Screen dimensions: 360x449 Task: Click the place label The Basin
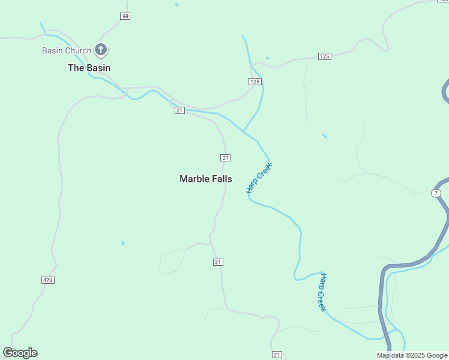(x=89, y=68)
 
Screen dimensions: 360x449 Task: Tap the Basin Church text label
(x=67, y=50)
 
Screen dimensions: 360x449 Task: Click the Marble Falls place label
(x=206, y=179)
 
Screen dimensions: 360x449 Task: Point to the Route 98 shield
(x=125, y=16)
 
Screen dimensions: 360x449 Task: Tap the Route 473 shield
(x=48, y=280)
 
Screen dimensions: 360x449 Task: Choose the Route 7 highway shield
(x=436, y=193)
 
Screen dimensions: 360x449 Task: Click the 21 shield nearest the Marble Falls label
(x=225, y=158)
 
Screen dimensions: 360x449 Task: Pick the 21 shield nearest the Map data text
(x=276, y=355)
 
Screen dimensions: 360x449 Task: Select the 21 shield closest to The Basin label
(x=179, y=110)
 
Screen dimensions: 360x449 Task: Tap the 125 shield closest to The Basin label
(x=255, y=82)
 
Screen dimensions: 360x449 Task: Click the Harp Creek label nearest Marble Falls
(x=259, y=178)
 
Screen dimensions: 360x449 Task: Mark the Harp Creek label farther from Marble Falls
(x=322, y=292)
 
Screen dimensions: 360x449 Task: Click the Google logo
(x=20, y=353)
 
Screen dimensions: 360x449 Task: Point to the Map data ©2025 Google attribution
(x=412, y=355)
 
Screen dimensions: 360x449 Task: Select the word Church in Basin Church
(x=79, y=50)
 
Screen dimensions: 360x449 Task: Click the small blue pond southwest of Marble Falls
(x=123, y=243)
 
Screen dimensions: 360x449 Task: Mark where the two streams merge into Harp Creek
(x=244, y=131)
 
